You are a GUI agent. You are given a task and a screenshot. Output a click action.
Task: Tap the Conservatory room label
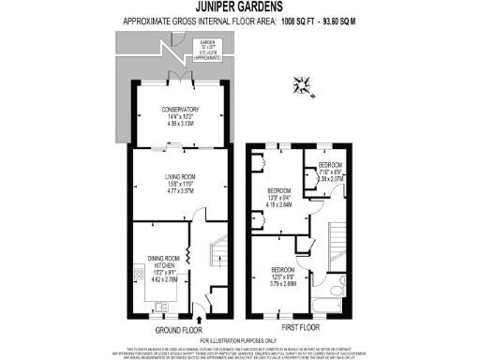click(177, 115)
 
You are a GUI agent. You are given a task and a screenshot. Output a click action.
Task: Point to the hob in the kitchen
click(141, 278)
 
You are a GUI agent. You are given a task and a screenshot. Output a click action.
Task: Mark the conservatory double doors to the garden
click(177, 78)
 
